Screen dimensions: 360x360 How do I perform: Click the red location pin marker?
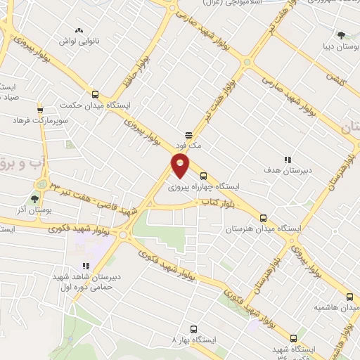pyautogui.click(x=180, y=166)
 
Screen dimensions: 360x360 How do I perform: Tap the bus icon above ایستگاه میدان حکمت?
pyautogui.click(x=95, y=95)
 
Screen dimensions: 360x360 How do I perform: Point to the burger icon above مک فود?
pyautogui.click(x=188, y=134)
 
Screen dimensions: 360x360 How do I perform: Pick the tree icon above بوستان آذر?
pyautogui.click(x=34, y=182)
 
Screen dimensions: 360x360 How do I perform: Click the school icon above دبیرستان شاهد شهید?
pyautogui.click(x=85, y=266)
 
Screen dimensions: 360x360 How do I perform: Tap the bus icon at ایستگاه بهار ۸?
pyautogui.click(x=193, y=328)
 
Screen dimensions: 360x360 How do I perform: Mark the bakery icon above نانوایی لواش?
pyautogui.click(x=79, y=31)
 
